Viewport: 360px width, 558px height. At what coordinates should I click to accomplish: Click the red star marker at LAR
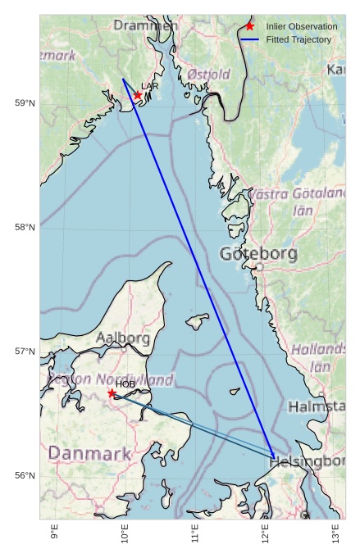(x=138, y=95)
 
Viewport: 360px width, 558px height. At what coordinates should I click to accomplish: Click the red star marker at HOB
(x=112, y=393)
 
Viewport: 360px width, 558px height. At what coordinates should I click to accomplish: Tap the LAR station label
(x=150, y=86)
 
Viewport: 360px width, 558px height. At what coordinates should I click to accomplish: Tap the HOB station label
(x=125, y=383)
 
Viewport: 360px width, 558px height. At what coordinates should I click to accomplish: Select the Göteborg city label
(x=258, y=254)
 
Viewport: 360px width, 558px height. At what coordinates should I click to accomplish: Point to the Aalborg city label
(x=123, y=338)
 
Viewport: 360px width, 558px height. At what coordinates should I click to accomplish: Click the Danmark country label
(x=89, y=453)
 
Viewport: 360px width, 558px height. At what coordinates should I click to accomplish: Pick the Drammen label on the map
(x=145, y=25)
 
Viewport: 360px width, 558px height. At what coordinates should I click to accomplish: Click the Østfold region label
(x=208, y=75)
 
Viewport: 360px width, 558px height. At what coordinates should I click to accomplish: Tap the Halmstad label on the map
(x=317, y=406)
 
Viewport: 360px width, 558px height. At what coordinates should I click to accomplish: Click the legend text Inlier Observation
(x=302, y=27)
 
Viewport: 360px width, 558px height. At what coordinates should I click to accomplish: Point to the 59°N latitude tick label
(x=25, y=102)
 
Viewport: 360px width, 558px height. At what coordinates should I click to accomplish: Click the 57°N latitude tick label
(x=25, y=352)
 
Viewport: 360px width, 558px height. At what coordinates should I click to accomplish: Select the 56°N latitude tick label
(x=25, y=476)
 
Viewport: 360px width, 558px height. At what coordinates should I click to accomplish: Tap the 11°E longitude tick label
(x=195, y=533)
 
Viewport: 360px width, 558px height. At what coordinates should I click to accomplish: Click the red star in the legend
(x=249, y=26)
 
